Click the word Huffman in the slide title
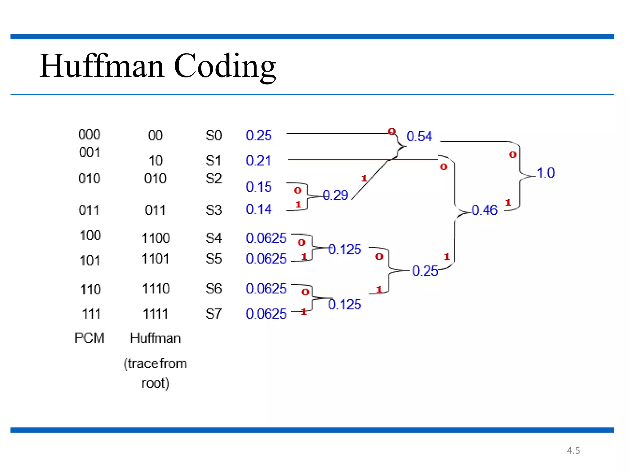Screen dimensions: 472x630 click(x=102, y=66)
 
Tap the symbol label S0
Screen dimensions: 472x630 click(x=213, y=136)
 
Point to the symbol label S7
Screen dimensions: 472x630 click(x=213, y=314)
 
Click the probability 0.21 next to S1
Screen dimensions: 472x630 click(x=258, y=161)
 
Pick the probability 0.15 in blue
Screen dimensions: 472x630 click(x=259, y=187)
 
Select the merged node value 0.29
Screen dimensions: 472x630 click(x=335, y=195)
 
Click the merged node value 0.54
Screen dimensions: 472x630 click(x=419, y=136)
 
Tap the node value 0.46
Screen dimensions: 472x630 click(x=484, y=210)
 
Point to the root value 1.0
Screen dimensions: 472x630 click(x=546, y=173)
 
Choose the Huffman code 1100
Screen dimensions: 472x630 click(x=156, y=238)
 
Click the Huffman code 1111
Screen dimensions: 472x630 click(x=156, y=314)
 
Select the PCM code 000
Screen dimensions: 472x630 click(x=89, y=135)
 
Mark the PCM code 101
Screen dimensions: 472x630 click(x=90, y=261)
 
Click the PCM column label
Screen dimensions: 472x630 click(x=90, y=338)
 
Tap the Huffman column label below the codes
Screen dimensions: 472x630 click(x=155, y=338)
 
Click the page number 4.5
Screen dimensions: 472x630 click(x=573, y=450)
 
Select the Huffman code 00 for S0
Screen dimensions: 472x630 click(x=155, y=136)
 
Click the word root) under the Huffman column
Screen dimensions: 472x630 click(x=155, y=383)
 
